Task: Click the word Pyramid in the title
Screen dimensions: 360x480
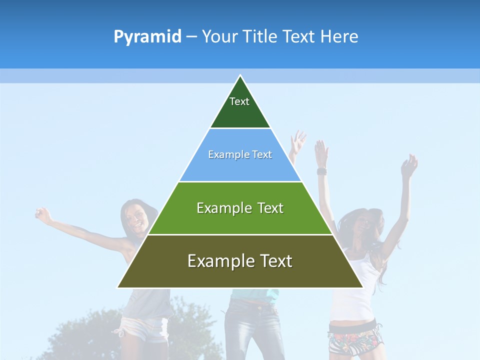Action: click(147, 37)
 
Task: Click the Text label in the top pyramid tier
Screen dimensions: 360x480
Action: click(239, 101)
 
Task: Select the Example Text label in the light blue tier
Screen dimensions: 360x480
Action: click(240, 155)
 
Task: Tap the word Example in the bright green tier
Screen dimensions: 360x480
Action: click(220, 208)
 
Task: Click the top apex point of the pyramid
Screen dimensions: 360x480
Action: click(240, 75)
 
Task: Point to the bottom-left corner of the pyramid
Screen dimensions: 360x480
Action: click(118, 287)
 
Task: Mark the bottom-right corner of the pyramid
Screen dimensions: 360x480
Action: click(362, 287)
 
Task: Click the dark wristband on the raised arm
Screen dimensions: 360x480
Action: click(321, 171)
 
